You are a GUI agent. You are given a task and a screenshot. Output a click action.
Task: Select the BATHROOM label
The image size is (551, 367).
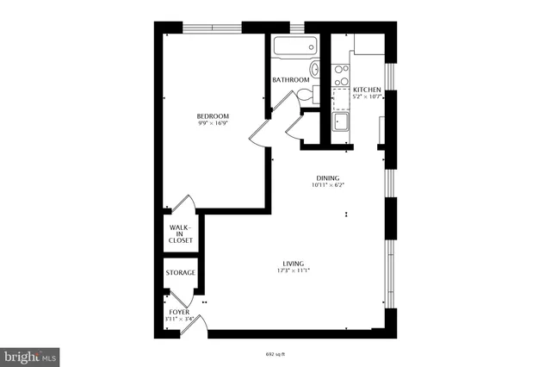(290, 80)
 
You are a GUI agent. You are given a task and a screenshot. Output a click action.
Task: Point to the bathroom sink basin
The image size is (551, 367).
(315, 71)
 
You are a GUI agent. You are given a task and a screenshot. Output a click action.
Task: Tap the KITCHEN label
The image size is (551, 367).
(367, 90)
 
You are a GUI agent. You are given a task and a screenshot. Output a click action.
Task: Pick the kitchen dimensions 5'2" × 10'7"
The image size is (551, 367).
(367, 96)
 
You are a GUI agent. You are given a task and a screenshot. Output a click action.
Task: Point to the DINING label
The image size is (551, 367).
(326, 178)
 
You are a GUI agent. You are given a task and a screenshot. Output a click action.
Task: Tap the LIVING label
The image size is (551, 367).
(294, 264)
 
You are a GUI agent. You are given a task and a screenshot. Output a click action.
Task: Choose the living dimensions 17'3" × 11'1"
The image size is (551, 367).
(294, 271)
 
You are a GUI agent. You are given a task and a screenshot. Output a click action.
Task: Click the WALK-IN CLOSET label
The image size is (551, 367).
(181, 234)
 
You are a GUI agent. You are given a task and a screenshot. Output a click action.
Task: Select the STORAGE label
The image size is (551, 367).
(181, 273)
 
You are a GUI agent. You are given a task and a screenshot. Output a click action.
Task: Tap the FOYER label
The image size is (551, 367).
(179, 312)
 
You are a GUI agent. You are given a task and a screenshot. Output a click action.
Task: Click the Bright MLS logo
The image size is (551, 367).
(30, 354)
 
